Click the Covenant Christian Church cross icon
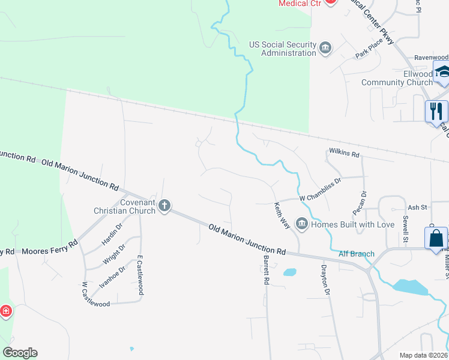[164, 206]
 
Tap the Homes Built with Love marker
[302, 224]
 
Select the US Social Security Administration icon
[325, 48]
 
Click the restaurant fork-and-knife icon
[436, 111]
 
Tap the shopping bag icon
[435, 238]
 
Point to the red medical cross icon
[5, 311]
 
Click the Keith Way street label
[282, 214]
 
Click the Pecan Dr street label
[360, 203]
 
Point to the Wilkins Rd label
[344, 154]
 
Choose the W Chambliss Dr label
[320, 196]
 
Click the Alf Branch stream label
[356, 254]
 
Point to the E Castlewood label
[140, 274]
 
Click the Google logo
[20, 353]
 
